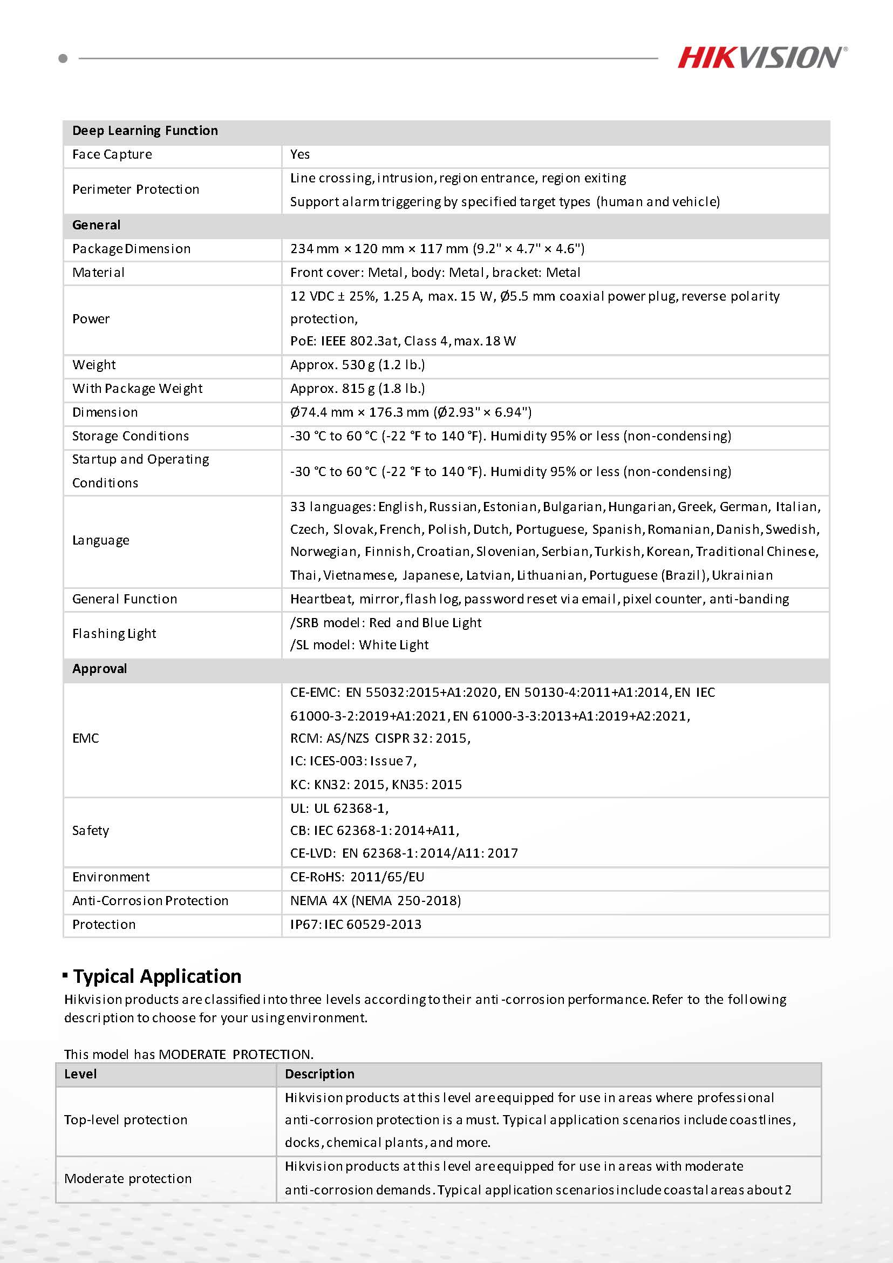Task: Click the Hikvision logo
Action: [761, 58]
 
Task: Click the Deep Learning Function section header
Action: [145, 131]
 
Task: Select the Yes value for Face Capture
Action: [300, 154]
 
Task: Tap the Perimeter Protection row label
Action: [136, 190]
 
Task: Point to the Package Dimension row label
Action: [132, 249]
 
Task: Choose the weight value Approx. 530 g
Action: [357, 365]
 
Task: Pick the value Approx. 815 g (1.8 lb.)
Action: [357, 389]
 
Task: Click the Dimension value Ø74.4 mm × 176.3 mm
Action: [411, 412]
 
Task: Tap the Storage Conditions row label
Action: [131, 436]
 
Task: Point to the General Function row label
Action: [125, 599]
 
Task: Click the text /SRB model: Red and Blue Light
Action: [385, 623]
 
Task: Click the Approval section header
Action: [99, 669]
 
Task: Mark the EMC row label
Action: [86, 738]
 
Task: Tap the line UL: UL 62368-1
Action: [339, 808]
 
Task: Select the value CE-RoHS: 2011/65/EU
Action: [357, 877]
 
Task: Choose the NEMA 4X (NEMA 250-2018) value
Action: [376, 900]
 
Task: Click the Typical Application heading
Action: [157, 976]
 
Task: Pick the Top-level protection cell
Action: [126, 1120]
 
